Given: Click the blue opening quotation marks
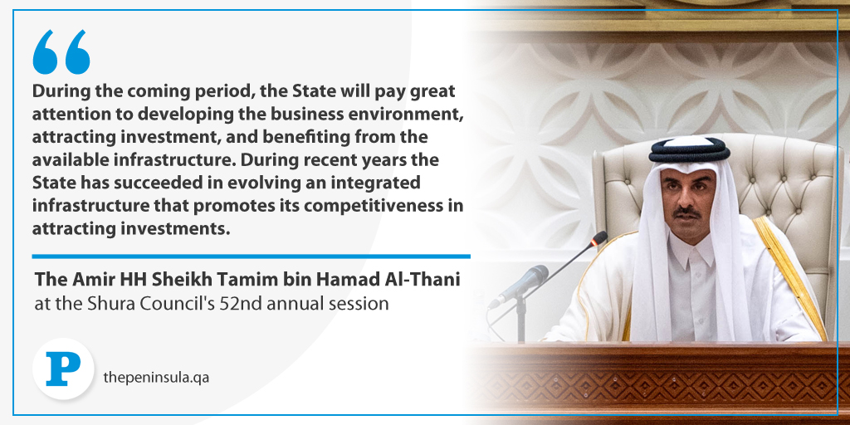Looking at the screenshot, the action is (61, 52).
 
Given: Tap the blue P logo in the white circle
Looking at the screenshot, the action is (63, 369).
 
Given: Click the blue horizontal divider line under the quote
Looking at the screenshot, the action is (251, 256).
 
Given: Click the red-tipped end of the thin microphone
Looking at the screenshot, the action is (599, 238).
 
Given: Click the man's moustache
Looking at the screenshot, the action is (686, 212).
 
